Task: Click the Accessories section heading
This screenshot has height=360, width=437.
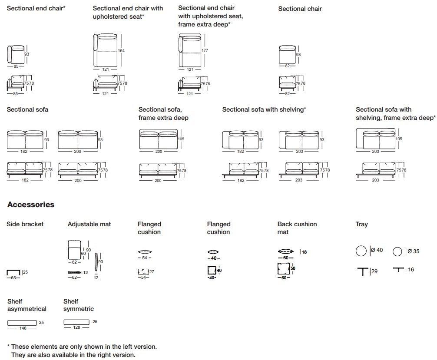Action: click(x=31, y=205)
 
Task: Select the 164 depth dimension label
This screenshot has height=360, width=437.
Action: click(x=121, y=51)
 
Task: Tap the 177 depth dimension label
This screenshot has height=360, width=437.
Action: click(x=205, y=50)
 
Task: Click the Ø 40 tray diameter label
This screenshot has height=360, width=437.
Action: click(x=377, y=250)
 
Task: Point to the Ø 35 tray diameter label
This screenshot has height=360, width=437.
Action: click(x=413, y=251)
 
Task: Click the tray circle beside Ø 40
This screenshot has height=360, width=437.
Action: click(x=361, y=251)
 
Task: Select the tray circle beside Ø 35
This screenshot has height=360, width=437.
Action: click(x=397, y=252)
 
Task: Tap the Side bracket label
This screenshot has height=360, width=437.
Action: click(x=25, y=224)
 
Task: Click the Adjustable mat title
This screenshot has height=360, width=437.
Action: click(x=89, y=224)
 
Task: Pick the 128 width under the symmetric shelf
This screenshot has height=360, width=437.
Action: click(x=76, y=328)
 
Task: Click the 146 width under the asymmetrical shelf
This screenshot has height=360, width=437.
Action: click(x=23, y=328)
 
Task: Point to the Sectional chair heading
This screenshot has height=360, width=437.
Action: click(x=300, y=9)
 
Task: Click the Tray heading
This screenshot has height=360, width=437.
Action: click(x=361, y=224)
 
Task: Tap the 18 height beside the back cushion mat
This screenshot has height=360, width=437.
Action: click(x=304, y=252)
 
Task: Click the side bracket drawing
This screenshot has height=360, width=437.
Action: click(x=13, y=272)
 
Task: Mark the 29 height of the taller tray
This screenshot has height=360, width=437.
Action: click(x=374, y=271)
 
